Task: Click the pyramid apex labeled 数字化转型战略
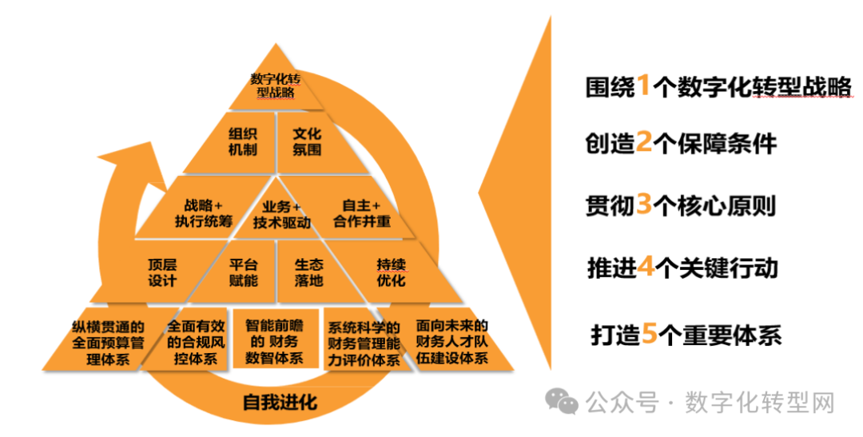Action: [275, 86]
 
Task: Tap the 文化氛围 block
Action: [307, 141]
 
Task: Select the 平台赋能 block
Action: [243, 272]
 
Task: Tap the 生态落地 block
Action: [308, 272]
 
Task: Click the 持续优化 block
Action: [391, 272]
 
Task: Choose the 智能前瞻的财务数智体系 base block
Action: [274, 342]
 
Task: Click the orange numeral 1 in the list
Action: [643, 85]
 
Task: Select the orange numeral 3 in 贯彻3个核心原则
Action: [644, 205]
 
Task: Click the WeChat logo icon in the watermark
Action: [567, 403]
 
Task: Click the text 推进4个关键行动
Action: [681, 267]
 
